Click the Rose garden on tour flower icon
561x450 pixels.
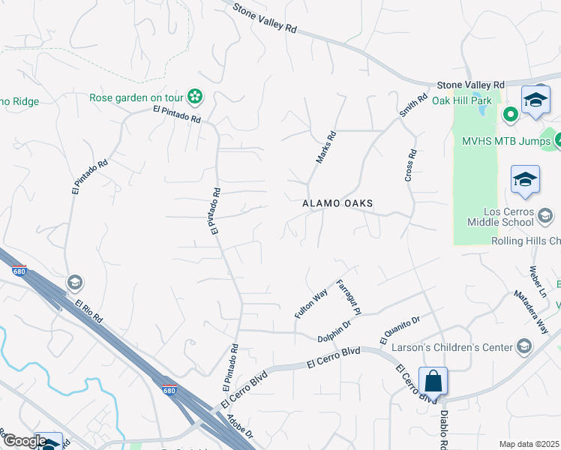click(x=195, y=96)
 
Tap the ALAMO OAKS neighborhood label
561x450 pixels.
click(x=337, y=203)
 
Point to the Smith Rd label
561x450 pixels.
click(x=413, y=104)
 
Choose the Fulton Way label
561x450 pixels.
click(x=311, y=304)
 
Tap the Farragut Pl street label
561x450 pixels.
click(x=349, y=296)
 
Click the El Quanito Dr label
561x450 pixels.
click(x=400, y=331)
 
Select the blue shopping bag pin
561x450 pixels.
click(x=433, y=380)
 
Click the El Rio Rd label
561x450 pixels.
click(x=88, y=313)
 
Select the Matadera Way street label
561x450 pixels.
click(x=531, y=312)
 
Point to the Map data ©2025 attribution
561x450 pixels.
click(x=529, y=444)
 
